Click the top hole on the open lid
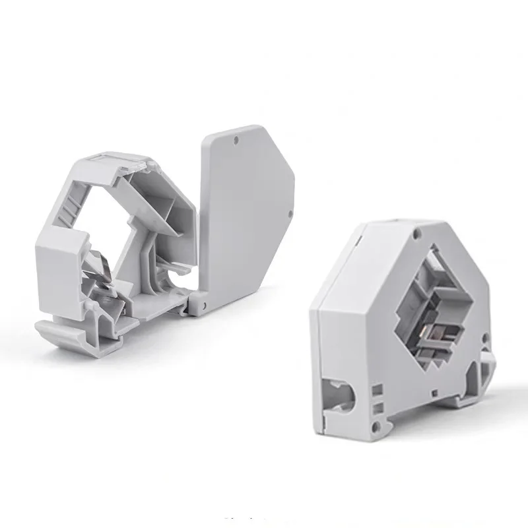(236, 141)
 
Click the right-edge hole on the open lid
(290, 213)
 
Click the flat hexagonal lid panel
(244, 205)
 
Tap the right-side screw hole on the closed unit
(485, 339)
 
